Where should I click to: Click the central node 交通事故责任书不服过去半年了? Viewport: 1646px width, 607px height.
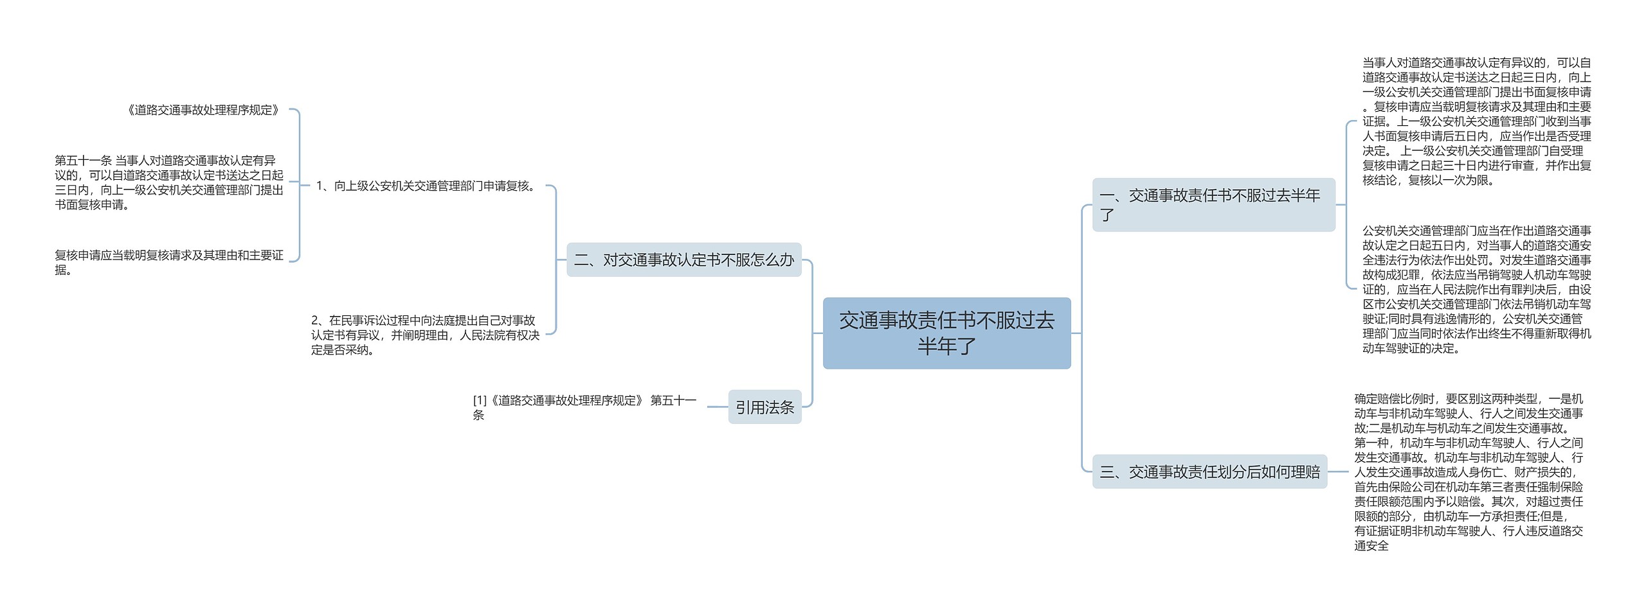click(946, 333)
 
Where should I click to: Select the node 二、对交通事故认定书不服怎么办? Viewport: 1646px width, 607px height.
click(683, 260)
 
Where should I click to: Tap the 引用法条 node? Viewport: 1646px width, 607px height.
click(764, 407)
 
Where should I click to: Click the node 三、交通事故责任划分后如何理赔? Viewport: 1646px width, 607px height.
click(1209, 472)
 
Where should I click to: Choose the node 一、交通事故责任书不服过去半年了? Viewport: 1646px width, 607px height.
click(1213, 204)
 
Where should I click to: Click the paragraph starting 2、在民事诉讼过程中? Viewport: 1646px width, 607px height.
click(425, 335)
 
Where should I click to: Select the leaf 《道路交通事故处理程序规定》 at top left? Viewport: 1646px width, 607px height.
click(204, 110)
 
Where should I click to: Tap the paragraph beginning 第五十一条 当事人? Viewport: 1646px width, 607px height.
click(168, 182)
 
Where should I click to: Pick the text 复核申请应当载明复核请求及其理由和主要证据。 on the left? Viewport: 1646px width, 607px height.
click(168, 262)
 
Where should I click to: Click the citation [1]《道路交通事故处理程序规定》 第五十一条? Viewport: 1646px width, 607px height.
click(584, 407)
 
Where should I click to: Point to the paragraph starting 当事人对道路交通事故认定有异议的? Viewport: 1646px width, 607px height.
click(1476, 121)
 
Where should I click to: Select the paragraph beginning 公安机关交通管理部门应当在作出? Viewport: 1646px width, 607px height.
click(1476, 289)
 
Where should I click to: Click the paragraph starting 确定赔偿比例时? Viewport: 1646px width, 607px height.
click(1469, 472)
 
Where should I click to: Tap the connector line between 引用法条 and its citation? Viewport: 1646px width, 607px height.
click(717, 407)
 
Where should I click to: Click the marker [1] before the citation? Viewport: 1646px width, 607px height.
click(480, 400)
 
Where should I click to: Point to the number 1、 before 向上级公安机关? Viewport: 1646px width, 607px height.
click(323, 186)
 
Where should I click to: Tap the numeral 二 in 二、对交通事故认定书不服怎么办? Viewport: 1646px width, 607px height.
click(582, 260)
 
